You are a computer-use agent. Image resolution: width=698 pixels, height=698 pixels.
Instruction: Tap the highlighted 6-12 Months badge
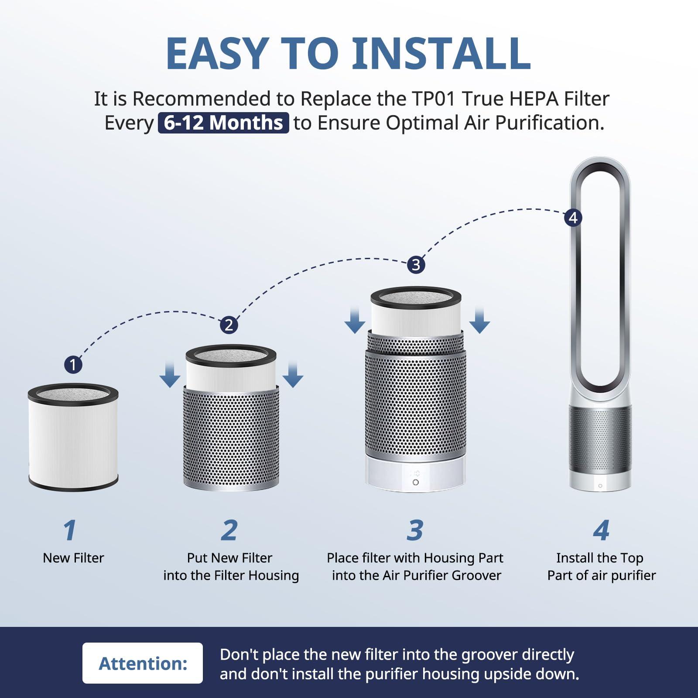click(x=223, y=123)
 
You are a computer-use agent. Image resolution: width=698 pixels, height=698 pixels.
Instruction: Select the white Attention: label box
click(x=143, y=663)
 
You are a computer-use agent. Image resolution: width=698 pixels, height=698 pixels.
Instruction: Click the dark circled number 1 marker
click(x=73, y=364)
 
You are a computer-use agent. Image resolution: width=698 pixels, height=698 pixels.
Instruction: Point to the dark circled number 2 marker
click(x=229, y=325)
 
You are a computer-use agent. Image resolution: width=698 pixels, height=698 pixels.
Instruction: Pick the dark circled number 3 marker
click(x=416, y=265)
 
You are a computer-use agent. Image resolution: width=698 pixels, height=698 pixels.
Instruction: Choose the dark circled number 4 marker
click(x=573, y=218)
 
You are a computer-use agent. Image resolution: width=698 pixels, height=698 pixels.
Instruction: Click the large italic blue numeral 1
click(x=70, y=530)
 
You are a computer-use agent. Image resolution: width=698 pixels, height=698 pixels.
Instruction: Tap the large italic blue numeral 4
click(x=601, y=530)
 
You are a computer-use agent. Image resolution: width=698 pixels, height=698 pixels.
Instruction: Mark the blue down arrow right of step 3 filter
click(x=479, y=321)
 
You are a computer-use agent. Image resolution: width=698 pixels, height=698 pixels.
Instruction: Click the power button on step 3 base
click(x=415, y=482)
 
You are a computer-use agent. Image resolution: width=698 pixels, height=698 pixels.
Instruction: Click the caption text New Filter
click(x=73, y=558)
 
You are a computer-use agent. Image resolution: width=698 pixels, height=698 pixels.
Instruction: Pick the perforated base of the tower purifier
click(x=600, y=441)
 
